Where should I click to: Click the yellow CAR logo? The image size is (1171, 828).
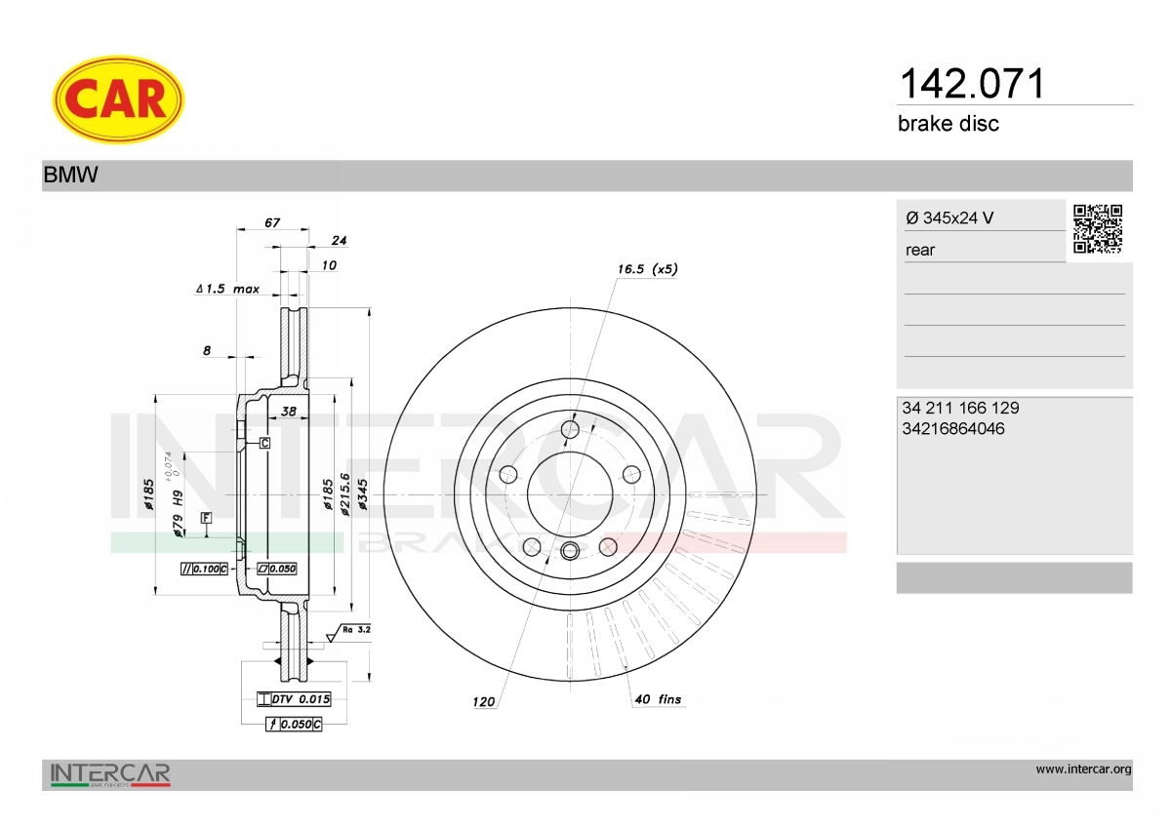click(x=118, y=99)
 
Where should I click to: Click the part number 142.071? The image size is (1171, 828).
click(x=972, y=84)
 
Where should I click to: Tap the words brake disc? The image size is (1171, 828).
click(x=949, y=124)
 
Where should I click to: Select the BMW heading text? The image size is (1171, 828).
click(x=70, y=175)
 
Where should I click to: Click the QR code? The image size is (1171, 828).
click(x=1098, y=229)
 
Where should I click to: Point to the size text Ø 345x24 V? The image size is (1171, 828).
click(x=949, y=217)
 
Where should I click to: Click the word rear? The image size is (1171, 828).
click(x=920, y=251)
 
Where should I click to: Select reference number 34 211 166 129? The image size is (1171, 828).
click(x=960, y=408)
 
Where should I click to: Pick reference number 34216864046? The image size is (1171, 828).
click(x=953, y=429)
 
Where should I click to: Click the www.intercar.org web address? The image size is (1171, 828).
click(x=1084, y=769)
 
